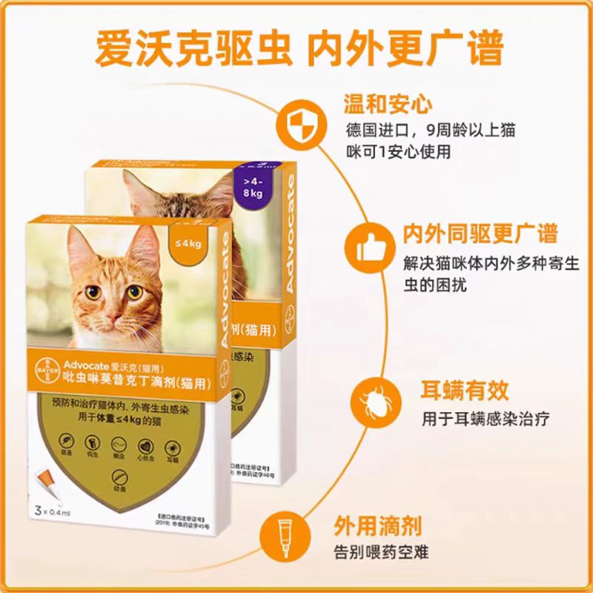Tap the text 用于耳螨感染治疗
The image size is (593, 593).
click(485, 417)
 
